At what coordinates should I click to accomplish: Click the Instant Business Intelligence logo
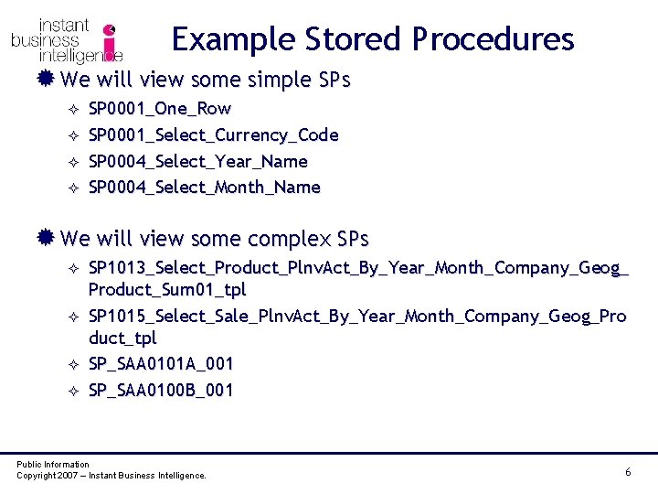[x=67, y=39]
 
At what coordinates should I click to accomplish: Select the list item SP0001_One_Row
[x=160, y=109]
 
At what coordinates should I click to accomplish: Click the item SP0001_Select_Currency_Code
[x=213, y=135]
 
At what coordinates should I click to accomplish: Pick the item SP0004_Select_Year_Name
[x=197, y=162]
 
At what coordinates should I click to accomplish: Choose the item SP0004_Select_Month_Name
[x=204, y=188]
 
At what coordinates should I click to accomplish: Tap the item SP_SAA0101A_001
[x=161, y=364]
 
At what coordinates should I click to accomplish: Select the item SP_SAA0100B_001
[x=161, y=391]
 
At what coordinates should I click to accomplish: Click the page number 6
[x=628, y=472]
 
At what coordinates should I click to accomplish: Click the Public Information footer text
[x=53, y=465]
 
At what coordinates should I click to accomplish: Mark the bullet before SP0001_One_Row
[x=75, y=110]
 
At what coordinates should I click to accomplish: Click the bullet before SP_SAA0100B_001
[x=75, y=392]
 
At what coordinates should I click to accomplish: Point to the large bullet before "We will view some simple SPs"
[x=46, y=80]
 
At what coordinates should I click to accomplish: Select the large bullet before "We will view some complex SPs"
[x=46, y=239]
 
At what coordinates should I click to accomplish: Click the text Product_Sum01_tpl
[x=167, y=290]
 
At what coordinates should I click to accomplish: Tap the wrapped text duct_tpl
[x=122, y=338]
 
